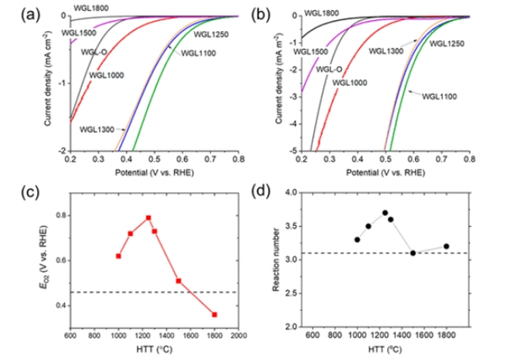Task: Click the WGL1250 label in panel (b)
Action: point(447,44)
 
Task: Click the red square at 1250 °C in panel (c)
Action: point(148,218)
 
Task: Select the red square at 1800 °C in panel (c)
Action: point(215,314)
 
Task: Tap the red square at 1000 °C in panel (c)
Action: point(118,256)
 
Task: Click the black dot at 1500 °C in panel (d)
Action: point(413,253)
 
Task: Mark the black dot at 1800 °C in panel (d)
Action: point(447,246)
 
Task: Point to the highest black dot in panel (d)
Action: point(385,213)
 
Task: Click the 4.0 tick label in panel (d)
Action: point(290,193)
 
